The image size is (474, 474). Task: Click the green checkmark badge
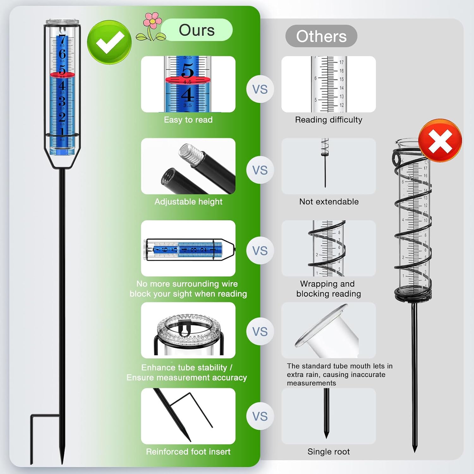click(109, 42)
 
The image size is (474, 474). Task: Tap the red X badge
click(440, 141)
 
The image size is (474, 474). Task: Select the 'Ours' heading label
click(197, 30)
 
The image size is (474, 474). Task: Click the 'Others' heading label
click(321, 36)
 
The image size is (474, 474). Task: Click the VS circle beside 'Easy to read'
click(260, 89)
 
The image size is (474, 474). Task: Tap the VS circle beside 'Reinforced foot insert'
click(260, 416)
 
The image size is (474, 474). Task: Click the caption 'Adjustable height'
click(188, 202)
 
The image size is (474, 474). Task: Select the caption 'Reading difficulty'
click(329, 120)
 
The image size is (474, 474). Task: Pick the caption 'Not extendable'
click(329, 202)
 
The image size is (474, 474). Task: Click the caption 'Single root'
click(329, 452)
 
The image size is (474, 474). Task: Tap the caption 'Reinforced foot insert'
click(188, 452)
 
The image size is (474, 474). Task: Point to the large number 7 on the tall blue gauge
click(62, 40)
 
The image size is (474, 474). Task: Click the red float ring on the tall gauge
click(63, 75)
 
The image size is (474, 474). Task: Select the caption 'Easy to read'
click(188, 120)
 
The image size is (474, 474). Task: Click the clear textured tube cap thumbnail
click(188, 330)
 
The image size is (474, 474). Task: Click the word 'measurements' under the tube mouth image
click(311, 383)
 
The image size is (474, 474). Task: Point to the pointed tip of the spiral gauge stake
click(415, 451)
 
